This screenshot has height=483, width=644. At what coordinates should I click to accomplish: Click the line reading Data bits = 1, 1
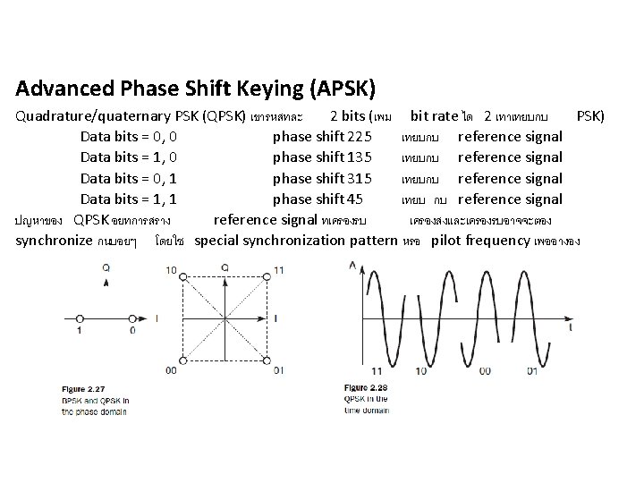point(127,199)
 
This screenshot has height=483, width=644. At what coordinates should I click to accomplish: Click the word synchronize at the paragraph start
point(55,241)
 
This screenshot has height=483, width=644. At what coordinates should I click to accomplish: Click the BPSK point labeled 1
point(80,318)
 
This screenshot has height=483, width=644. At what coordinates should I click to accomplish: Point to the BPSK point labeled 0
point(133,318)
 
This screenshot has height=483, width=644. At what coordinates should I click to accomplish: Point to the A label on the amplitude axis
point(352,263)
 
